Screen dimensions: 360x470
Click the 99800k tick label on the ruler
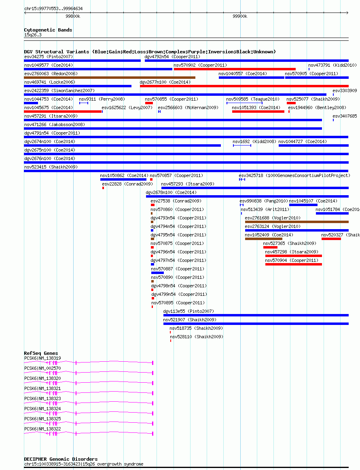(73, 17)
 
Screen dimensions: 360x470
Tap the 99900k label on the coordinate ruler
(240, 17)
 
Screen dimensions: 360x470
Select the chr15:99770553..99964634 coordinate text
(53, 9)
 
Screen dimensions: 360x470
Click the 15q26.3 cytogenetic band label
(33, 35)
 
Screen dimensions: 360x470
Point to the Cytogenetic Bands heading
(48, 30)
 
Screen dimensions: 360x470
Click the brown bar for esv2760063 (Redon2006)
(110, 78)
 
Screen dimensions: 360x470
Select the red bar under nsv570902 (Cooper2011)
(235, 69)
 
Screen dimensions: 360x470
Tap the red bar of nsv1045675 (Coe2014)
(63, 112)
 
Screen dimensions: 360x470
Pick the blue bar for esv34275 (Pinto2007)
(82, 61)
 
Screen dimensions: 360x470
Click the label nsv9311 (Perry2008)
(102, 99)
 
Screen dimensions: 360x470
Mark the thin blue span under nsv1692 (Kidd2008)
(242, 145)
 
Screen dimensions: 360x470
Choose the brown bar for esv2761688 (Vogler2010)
(297, 222)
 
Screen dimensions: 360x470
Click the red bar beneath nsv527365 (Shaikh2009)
(270, 247)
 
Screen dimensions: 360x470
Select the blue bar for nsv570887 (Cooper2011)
(157, 273)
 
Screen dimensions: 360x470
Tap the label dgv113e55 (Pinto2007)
(189, 312)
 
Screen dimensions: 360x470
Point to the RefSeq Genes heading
(41, 353)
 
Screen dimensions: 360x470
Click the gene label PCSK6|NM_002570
(42, 369)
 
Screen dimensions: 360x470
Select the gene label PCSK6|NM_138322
(42, 429)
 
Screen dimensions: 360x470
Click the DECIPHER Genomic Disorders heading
(61, 459)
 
